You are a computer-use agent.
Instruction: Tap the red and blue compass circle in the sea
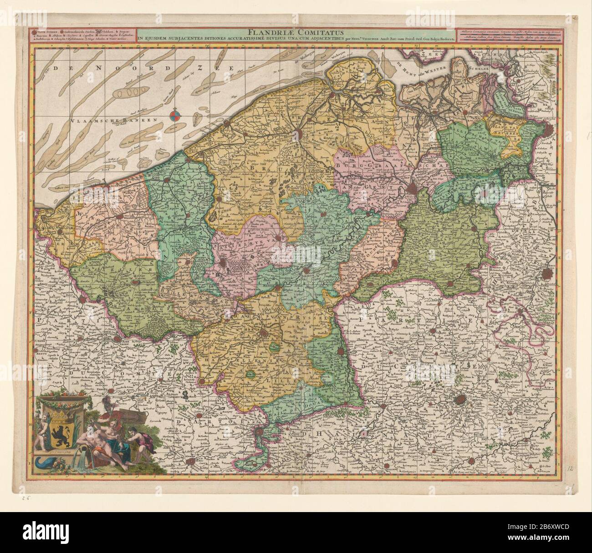tap(175, 117)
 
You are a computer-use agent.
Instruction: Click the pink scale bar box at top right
tap(508, 35)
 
